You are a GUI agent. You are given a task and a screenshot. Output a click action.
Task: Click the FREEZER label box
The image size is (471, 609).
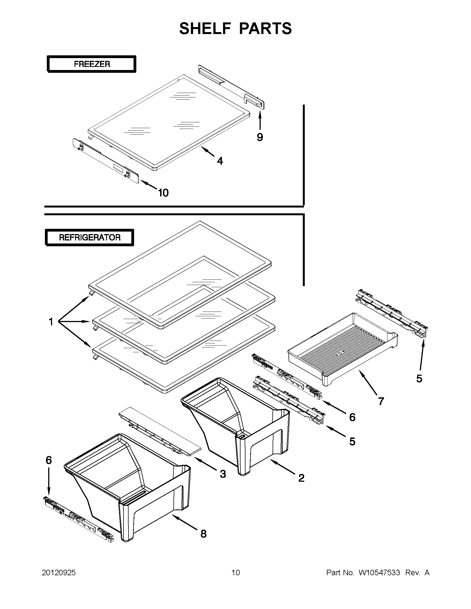(91, 64)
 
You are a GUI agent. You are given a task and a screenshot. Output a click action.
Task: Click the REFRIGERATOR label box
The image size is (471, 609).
(89, 238)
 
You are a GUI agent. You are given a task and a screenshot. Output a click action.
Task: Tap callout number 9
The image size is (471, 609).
(260, 137)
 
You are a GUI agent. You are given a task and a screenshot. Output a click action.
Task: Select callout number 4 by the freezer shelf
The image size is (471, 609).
(220, 161)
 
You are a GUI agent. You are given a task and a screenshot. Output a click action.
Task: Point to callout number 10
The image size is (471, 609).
(163, 193)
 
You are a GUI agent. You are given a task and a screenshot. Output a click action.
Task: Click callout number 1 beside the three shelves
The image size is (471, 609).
(51, 322)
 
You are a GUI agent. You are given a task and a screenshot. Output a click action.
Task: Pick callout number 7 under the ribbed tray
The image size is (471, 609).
(381, 401)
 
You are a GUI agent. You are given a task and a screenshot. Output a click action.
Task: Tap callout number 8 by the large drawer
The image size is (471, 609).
(204, 534)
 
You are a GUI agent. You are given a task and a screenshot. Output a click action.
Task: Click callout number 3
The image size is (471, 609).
(223, 474)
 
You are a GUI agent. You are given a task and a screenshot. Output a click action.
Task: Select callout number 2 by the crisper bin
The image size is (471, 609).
(301, 478)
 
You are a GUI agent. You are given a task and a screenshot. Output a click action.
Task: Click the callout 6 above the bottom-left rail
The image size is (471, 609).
(49, 460)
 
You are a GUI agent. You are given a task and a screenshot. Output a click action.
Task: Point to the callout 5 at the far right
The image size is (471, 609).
(419, 379)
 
